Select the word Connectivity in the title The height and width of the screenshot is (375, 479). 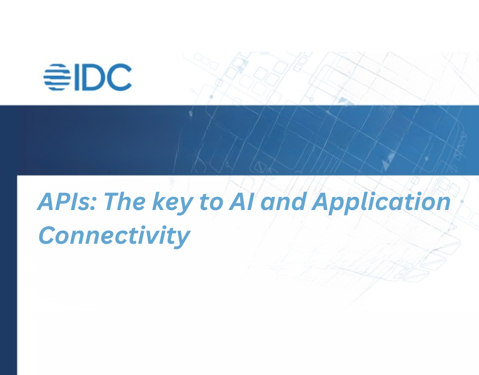[x=114, y=236]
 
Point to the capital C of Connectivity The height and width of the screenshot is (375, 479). [x=48, y=236]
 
